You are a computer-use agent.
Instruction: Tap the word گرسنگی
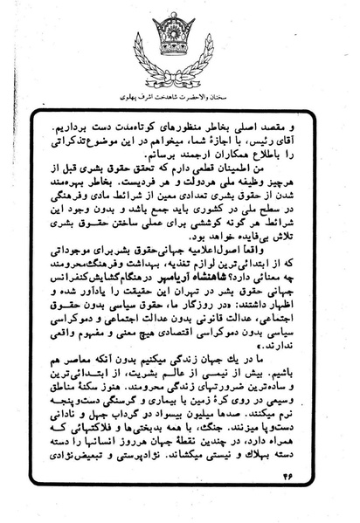(x=133, y=445)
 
